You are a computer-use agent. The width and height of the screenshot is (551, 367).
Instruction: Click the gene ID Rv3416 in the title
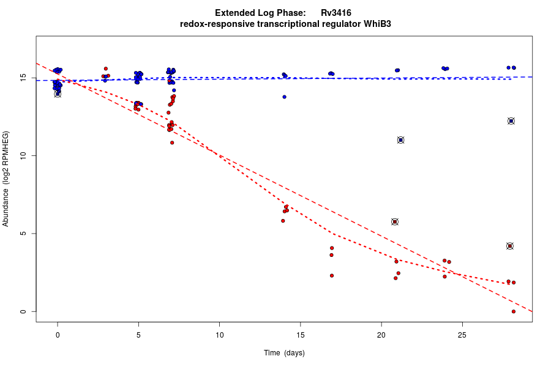coord(335,13)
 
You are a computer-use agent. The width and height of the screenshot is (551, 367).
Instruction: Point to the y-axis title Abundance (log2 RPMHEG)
coord(6,179)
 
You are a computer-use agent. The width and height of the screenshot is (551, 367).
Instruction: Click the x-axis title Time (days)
coord(284,353)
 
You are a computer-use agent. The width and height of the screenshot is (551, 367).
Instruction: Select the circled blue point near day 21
coord(400,140)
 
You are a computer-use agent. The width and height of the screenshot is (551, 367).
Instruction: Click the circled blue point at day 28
coord(511,121)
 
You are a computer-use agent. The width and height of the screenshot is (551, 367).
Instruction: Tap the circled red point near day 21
coord(395,221)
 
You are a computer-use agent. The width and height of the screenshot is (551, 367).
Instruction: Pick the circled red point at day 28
coord(510,246)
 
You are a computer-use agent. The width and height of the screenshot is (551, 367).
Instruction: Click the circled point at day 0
coord(58,94)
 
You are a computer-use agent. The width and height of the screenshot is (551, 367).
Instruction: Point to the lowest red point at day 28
coord(513,311)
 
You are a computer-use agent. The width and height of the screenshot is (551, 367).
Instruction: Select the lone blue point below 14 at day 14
coord(284,97)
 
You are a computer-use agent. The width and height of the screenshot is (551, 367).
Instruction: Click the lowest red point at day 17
coord(332,275)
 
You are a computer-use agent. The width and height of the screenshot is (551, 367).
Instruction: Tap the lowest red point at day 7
coord(172,143)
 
